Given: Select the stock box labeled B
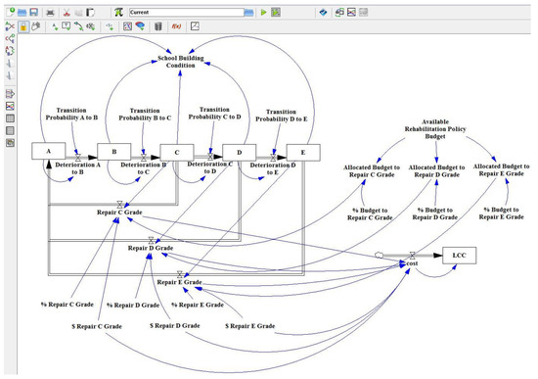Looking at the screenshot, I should coord(114,153).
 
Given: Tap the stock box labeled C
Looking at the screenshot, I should coord(176,153).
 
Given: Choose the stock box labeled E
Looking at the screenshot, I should coord(303,153).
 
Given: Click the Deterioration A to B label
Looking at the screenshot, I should coord(81,168).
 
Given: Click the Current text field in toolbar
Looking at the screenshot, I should coord(196,12).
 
